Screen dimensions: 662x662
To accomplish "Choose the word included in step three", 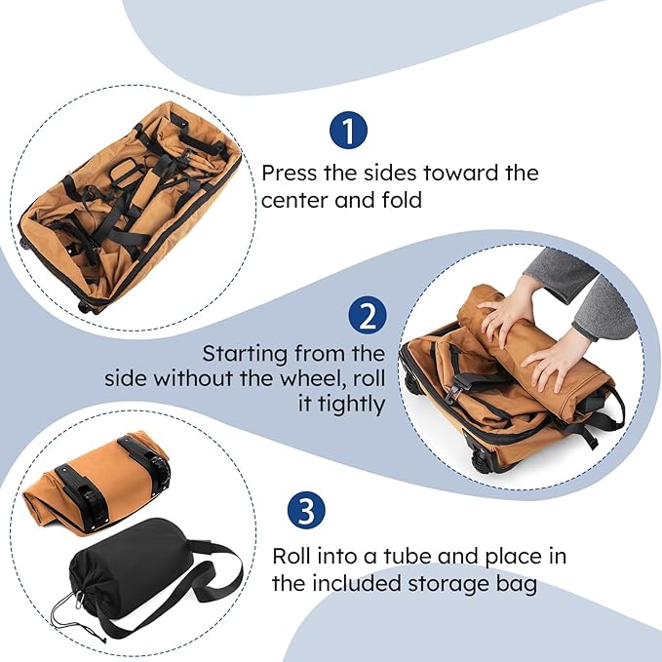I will pos(355,584).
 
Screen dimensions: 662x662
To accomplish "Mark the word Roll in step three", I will pos(292,558).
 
